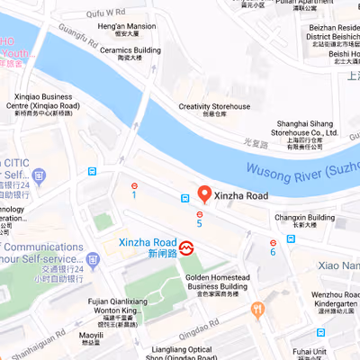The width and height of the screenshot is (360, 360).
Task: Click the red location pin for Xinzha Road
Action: tap(204, 193)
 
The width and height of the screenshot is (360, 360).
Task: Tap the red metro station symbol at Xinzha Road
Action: tap(187, 245)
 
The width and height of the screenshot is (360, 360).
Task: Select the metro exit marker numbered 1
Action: tap(134, 186)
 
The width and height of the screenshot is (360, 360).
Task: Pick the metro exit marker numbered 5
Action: tap(200, 214)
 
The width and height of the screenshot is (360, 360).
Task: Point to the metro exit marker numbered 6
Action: tap(273, 242)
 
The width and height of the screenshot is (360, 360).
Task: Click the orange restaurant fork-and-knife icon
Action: tap(258, 310)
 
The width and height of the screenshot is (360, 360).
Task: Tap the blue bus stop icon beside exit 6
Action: tap(291, 239)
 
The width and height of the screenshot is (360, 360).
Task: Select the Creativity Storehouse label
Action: tap(213, 107)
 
